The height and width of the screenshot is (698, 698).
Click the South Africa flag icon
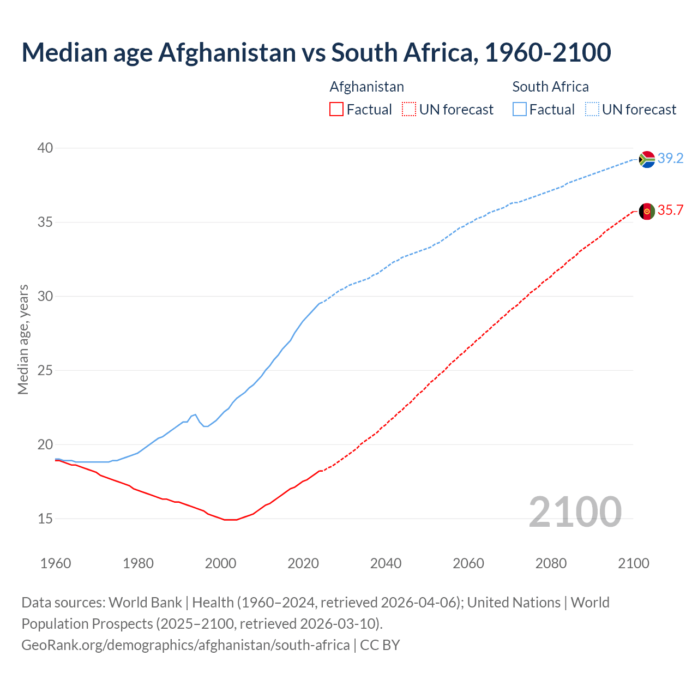click(647, 159)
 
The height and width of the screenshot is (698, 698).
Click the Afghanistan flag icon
click(647, 212)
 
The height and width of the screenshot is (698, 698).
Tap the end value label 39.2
click(670, 159)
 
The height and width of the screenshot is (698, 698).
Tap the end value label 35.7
click(670, 210)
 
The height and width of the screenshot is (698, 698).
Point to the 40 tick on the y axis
click(45, 148)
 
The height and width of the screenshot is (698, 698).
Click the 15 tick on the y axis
click(45, 519)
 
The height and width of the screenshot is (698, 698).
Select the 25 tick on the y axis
click(45, 371)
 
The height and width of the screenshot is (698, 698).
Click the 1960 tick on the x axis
click(56, 563)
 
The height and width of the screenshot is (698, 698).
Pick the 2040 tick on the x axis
click(386, 563)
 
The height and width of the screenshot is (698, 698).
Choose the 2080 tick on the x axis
click(551, 563)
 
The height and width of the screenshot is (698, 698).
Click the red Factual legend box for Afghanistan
click(336, 110)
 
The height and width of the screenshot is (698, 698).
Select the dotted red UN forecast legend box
click(409, 110)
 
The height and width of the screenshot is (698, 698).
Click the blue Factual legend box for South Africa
click(520, 110)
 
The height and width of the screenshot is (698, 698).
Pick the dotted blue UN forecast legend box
click(592, 110)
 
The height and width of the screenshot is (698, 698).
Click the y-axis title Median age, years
click(23, 339)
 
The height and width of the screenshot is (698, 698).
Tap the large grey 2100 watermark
click(575, 512)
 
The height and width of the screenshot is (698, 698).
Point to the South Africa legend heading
click(550, 87)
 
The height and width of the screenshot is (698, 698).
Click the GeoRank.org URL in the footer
click(185, 645)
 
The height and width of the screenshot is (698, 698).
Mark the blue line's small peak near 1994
click(195, 414)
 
